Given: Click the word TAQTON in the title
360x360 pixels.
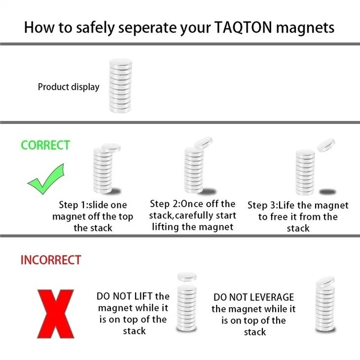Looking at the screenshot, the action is [243, 27].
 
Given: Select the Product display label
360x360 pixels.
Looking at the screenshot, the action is [69, 87].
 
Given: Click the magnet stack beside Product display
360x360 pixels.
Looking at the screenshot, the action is [120, 86].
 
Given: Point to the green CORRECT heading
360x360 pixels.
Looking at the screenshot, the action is [45, 145].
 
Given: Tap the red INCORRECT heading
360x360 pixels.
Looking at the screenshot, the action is [51, 260].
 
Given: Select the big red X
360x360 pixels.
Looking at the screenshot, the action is [56, 314].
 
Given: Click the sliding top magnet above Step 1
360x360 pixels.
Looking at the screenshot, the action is [111, 147].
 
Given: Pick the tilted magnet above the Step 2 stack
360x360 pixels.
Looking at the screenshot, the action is [203, 143].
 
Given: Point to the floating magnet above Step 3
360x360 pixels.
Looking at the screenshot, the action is [326, 145].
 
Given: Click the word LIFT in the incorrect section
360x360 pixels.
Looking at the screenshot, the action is [143, 296].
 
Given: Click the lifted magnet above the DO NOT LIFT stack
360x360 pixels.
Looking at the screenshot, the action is [187, 277].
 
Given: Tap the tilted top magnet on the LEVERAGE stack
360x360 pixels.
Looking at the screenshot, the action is [325, 282].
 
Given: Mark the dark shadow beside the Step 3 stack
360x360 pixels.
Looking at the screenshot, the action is [328, 191].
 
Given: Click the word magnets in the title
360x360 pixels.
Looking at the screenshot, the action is [305, 28].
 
